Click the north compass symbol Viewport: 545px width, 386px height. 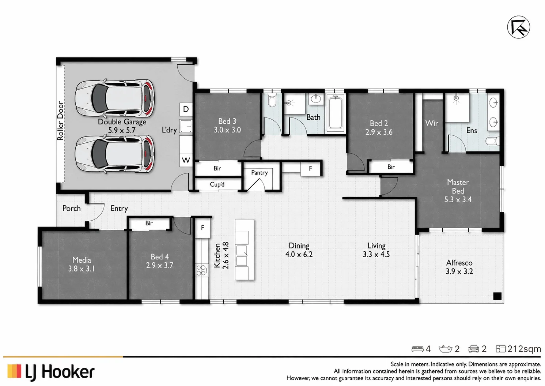(x=518, y=27)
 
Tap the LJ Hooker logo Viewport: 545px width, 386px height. (x=51, y=372)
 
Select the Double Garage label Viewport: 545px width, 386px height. (x=122, y=122)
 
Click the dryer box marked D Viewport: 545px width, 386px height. (x=186, y=109)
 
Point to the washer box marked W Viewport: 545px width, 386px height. (x=186, y=161)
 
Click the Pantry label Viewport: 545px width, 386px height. (x=260, y=173)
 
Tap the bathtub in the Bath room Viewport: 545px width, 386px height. (x=335, y=113)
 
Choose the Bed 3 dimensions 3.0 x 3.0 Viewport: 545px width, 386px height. (x=227, y=130)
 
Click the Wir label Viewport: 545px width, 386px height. (x=432, y=123)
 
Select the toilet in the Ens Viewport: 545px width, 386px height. (x=492, y=141)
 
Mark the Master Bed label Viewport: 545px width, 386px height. (x=458, y=187)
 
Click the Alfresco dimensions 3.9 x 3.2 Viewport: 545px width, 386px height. (x=459, y=271)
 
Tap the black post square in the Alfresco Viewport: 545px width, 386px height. (x=497, y=296)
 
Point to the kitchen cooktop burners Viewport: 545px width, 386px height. (x=201, y=270)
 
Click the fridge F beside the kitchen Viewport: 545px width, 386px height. (x=203, y=228)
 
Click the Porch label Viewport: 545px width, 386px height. (x=72, y=209)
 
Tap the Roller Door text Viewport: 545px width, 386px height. (x=60, y=121)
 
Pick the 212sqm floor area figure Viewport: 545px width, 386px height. (x=524, y=349)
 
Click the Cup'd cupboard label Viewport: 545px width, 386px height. (x=217, y=184)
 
